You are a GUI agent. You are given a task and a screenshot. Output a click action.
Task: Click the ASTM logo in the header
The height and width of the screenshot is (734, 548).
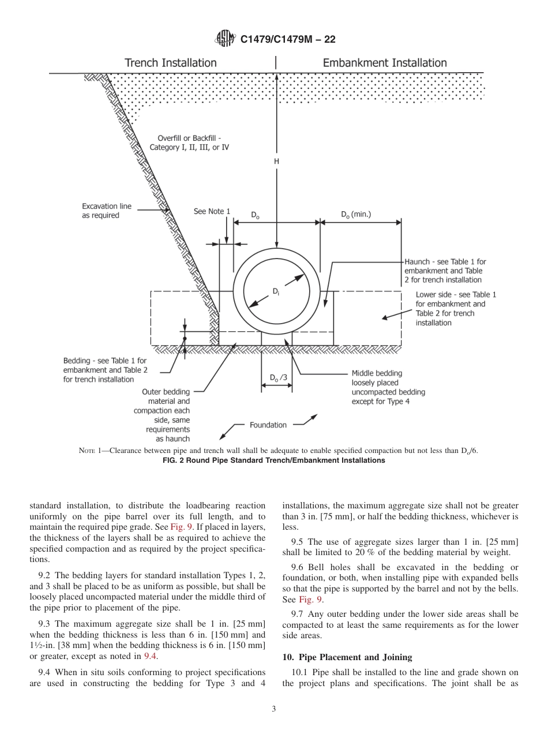click(x=225, y=39)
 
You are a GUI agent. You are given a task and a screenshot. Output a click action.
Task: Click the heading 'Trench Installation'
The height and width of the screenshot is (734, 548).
click(x=171, y=63)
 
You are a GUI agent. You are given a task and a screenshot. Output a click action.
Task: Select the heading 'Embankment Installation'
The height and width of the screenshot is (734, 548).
click(x=384, y=63)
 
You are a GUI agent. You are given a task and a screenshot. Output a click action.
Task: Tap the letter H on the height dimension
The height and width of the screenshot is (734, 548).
click(x=276, y=162)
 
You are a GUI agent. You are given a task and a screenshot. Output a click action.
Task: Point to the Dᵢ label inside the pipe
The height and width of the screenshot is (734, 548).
click(x=276, y=292)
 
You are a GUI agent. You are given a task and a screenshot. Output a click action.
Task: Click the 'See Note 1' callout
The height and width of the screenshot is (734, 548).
click(x=211, y=212)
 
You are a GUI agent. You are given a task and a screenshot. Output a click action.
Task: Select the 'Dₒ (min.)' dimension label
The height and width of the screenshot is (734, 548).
click(x=356, y=215)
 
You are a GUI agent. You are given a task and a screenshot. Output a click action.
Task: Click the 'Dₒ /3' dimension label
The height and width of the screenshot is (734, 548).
click(x=278, y=378)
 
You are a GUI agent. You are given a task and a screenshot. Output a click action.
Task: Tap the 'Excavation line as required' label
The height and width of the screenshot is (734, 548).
click(x=107, y=211)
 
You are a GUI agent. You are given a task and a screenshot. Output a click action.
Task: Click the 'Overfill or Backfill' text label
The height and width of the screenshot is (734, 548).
click(x=190, y=143)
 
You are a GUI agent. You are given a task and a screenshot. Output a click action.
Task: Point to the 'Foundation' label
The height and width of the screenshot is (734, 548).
click(x=268, y=425)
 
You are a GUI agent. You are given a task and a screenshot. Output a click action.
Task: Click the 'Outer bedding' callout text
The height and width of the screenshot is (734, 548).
click(x=165, y=415)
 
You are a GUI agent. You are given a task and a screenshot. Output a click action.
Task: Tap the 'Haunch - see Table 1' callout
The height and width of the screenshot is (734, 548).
click(x=445, y=271)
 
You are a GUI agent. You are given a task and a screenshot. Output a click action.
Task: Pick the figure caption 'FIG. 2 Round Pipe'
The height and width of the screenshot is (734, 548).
click(x=274, y=460)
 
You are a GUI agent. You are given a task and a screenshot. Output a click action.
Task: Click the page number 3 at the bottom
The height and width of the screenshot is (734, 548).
click(x=274, y=709)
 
